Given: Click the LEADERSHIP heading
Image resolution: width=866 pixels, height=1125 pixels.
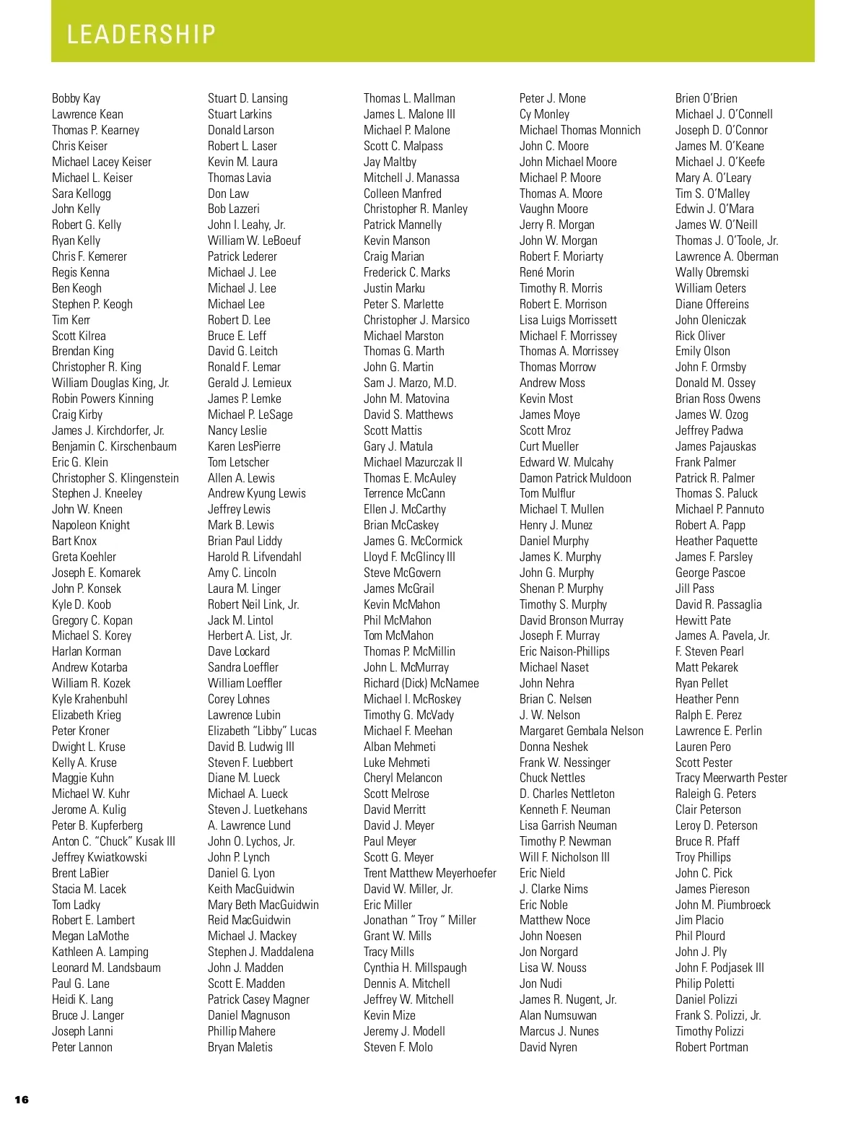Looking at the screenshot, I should [x=141, y=35].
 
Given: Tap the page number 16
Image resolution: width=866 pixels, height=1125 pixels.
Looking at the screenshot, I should [x=22, y=1100].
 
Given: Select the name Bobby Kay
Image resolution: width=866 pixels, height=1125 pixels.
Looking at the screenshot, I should [x=76, y=98].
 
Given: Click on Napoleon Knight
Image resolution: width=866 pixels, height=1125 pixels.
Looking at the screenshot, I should [x=91, y=525].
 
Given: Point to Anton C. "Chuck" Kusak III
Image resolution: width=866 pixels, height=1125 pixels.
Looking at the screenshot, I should [x=113, y=841].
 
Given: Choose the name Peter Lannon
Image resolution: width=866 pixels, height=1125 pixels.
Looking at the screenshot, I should [x=82, y=1047].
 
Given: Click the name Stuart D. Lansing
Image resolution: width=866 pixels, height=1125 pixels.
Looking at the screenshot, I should [x=248, y=98].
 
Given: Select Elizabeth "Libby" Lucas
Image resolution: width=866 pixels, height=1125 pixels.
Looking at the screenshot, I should [x=262, y=731].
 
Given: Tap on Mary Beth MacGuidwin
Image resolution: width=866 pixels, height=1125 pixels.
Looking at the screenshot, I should [x=263, y=905].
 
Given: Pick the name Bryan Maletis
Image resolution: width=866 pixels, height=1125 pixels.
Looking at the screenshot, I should [x=240, y=1047].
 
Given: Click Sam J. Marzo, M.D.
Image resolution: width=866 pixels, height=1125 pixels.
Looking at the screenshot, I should [x=410, y=383].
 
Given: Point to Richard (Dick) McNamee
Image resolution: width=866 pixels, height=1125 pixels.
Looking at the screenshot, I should [x=421, y=683].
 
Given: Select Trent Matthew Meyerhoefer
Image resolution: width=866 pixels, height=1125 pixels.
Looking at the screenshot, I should [x=430, y=873].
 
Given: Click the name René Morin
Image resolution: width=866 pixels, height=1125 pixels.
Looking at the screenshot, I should [x=547, y=272].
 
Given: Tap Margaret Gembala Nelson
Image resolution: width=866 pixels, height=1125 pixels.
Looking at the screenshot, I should [x=581, y=731].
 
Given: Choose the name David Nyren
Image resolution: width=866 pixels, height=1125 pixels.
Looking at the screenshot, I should [x=548, y=1047].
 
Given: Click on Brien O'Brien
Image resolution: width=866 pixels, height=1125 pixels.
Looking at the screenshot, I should [x=706, y=98].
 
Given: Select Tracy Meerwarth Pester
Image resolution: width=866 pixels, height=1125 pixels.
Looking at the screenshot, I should [x=731, y=778].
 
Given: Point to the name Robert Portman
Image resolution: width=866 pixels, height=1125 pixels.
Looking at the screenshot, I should [x=712, y=1047].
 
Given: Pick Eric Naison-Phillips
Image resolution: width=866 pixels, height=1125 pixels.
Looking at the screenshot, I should [x=564, y=651].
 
